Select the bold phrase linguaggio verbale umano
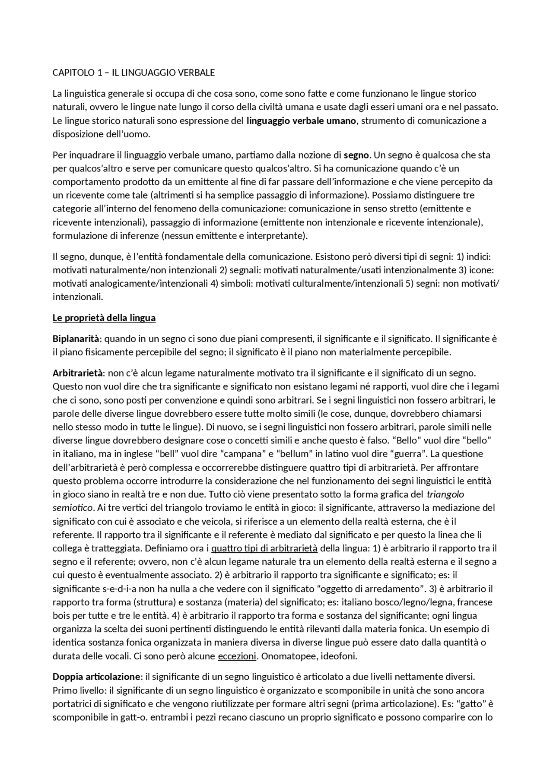click(x=301, y=120)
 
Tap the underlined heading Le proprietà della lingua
click(x=104, y=318)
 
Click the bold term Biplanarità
click(x=76, y=339)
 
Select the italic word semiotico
click(x=72, y=508)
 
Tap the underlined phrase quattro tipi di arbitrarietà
click(x=264, y=548)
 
